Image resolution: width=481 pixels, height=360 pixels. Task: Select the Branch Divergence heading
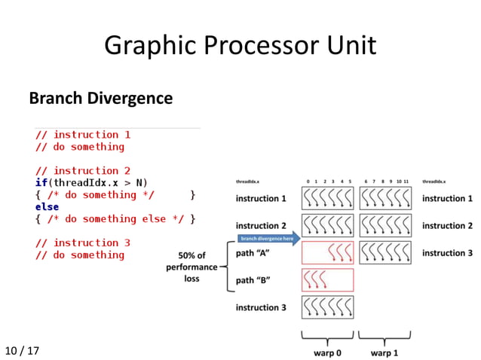tap(100, 98)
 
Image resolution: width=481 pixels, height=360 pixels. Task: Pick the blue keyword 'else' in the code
tap(47, 206)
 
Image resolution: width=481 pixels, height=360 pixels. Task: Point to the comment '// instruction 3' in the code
tap(82, 243)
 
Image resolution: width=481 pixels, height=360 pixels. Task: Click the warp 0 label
tap(326, 351)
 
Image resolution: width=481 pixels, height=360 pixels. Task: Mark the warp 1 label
tap(385, 351)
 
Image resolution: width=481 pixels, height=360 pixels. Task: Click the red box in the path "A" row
tap(327, 252)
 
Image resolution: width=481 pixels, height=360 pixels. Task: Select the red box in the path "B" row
tap(327, 279)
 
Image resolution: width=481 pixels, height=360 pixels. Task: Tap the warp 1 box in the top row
tap(385, 198)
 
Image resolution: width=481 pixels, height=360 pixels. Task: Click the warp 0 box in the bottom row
tap(327, 307)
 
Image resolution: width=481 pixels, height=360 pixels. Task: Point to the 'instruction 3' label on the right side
tap(448, 253)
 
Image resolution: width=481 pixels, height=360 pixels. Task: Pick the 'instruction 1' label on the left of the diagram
tap(261, 199)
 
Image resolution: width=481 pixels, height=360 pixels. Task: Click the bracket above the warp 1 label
tap(385, 336)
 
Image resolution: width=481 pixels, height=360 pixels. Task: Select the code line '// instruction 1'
tap(82, 134)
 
